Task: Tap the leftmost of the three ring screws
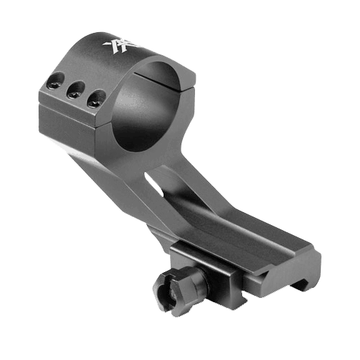(x=53, y=84)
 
